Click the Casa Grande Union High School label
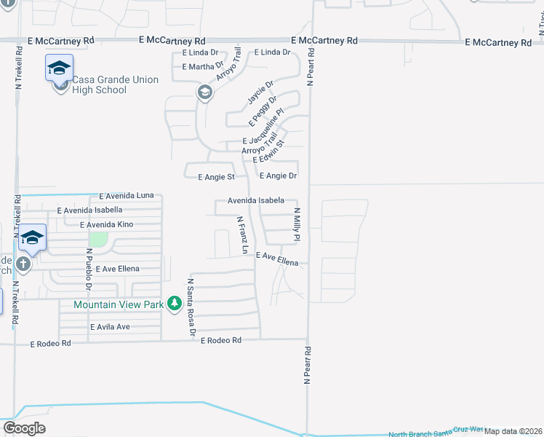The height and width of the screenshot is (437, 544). click(x=115, y=84)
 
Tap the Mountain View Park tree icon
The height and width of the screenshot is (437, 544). click(x=174, y=303)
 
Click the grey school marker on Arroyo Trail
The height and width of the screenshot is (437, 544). click(x=204, y=92)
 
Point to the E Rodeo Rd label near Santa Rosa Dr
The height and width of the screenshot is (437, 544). click(x=220, y=340)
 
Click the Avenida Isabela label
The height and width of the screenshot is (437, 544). click(x=255, y=200)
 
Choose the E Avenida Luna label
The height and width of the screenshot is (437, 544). click(x=127, y=196)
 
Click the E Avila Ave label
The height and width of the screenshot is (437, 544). click(x=111, y=327)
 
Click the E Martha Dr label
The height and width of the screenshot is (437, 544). click(x=203, y=66)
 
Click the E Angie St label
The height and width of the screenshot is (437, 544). click(x=217, y=176)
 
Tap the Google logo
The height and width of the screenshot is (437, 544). click(x=24, y=428)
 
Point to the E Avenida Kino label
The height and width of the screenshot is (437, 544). click(x=106, y=224)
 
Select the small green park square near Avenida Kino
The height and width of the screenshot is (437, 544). click(x=98, y=239)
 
